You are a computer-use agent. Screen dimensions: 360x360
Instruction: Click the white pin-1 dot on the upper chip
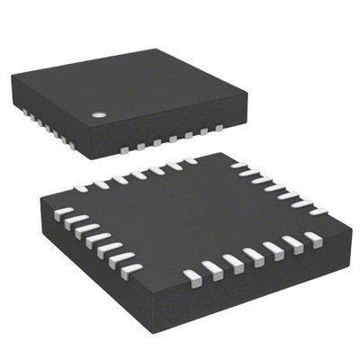coord(99,114)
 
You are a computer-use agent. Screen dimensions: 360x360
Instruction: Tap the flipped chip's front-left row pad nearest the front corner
coord(130,267)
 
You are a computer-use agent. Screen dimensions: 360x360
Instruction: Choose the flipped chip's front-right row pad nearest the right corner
coord(312,238)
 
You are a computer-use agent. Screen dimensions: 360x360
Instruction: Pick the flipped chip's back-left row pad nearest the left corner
coord(80,188)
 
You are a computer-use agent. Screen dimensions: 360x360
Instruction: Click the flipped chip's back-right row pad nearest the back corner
coord(238,166)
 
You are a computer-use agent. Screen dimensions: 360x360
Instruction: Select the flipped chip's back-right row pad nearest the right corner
coord(318,210)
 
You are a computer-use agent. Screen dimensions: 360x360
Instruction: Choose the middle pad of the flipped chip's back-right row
coord(277,187)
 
